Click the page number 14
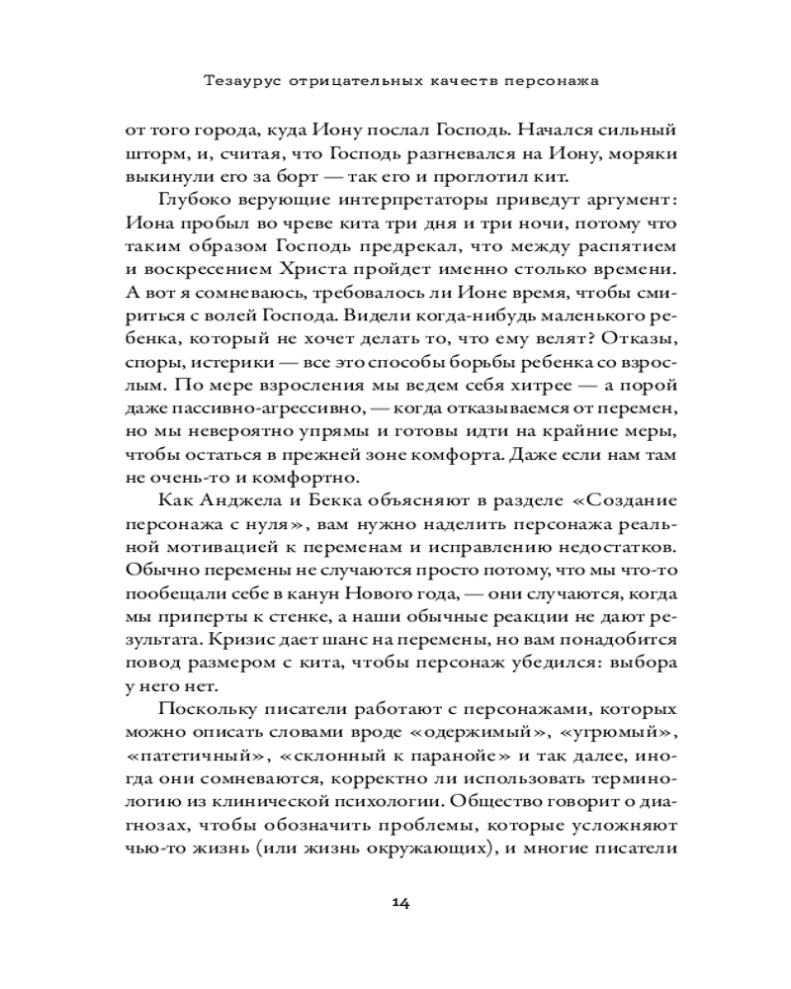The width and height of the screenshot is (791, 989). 400,902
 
